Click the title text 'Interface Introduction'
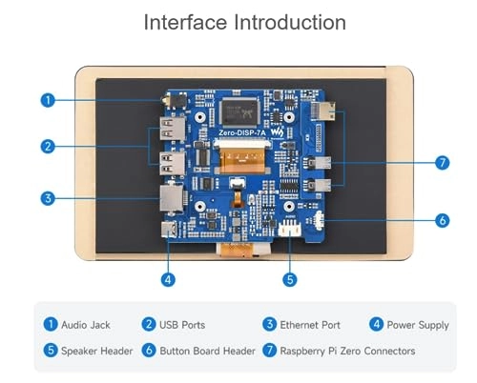point(244,23)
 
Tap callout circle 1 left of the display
point(48,100)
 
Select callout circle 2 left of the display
point(48,147)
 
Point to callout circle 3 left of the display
point(48,198)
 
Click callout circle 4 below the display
point(168,280)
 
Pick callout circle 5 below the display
point(290,280)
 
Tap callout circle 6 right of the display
point(442,220)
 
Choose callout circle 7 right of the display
point(442,163)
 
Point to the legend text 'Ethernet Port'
point(310,325)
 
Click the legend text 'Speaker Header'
point(96,351)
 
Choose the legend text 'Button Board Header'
point(207,351)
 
